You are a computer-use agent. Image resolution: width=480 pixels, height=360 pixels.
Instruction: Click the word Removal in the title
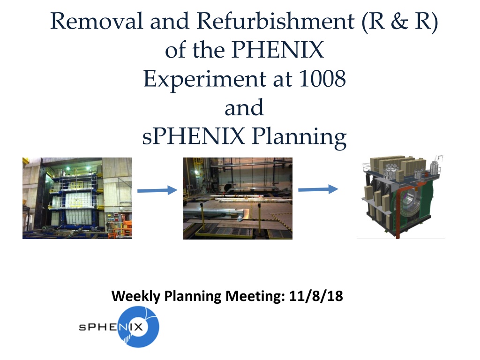tap(97, 21)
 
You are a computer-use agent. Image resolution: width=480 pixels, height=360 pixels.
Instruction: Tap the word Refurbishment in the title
tap(276, 21)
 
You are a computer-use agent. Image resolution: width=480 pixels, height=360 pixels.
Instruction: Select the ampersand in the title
tap(399, 21)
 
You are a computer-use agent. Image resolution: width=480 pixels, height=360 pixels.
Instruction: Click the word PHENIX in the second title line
tap(277, 50)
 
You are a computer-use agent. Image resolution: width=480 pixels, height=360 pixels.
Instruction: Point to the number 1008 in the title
tap(322, 79)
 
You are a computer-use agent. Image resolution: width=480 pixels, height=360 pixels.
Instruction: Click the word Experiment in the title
tap(205, 79)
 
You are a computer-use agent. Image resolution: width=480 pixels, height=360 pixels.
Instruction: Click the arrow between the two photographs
tap(157, 190)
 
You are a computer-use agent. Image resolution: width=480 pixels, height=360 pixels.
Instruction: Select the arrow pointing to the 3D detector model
tap(318, 189)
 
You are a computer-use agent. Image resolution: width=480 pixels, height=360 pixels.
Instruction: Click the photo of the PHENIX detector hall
tap(77, 198)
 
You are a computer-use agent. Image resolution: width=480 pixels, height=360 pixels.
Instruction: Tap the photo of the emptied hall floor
tap(238, 198)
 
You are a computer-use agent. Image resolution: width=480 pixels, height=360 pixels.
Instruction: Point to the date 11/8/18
tap(316, 296)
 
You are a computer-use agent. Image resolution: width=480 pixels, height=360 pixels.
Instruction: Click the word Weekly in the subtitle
tap(136, 297)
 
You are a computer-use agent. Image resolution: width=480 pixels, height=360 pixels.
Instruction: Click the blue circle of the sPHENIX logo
tap(140, 327)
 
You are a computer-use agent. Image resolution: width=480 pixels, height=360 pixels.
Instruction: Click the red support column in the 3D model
tap(398, 214)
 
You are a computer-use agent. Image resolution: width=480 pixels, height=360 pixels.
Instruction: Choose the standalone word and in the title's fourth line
tap(244, 107)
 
